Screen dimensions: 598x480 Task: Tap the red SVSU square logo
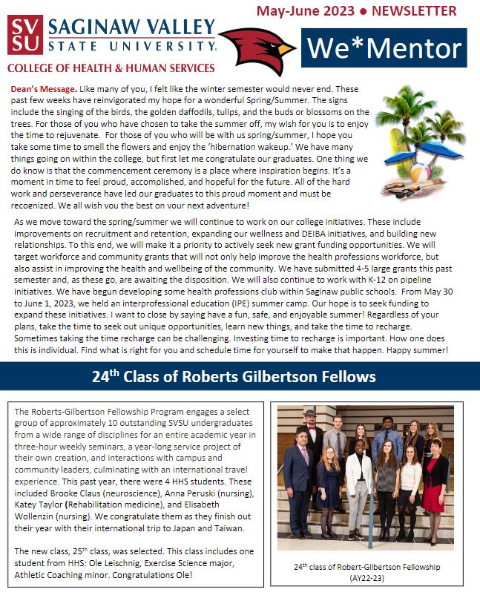click(24, 35)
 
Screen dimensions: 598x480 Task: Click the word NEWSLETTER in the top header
click(415, 11)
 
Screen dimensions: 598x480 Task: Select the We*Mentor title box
click(384, 48)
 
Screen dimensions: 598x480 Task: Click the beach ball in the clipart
click(420, 174)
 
